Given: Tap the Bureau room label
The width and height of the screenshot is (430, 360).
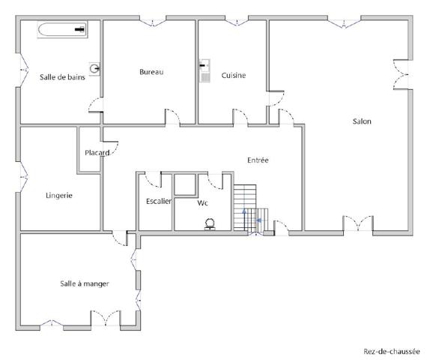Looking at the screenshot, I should point(151,72).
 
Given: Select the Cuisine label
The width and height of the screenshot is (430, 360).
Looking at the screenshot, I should point(234,75).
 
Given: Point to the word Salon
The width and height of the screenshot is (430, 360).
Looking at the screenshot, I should point(362,121).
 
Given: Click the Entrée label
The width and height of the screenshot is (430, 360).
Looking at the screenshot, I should point(258,160).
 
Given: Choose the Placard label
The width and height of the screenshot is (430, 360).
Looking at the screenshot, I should point(97,153).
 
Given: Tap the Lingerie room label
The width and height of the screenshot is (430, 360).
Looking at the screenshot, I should point(58,195).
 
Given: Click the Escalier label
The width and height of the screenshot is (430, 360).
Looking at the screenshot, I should point(159,201).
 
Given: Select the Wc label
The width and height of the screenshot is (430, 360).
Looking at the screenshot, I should point(202,202).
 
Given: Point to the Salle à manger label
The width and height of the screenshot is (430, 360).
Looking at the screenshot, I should point(85,283).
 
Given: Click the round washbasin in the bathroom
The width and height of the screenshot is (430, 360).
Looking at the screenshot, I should point(94,68).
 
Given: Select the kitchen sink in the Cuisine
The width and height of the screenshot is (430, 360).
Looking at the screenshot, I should point(205,70).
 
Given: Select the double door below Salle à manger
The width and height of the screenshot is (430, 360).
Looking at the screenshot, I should point(103,318).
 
